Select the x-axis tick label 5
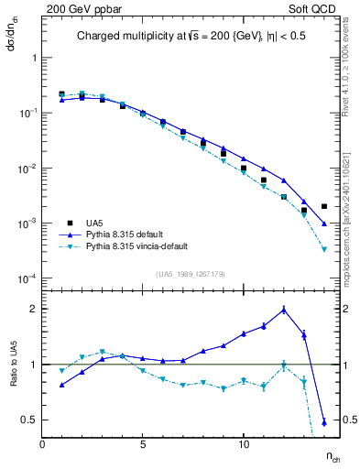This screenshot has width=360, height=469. (143, 444)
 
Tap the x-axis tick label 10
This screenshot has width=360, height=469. (243, 444)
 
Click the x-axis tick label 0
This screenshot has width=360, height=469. (42, 444)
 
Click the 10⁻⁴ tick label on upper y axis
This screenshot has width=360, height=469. (26, 278)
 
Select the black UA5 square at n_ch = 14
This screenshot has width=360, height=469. (324, 207)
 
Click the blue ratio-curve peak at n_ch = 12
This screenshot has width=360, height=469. (284, 310)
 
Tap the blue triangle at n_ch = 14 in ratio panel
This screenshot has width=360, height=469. (324, 422)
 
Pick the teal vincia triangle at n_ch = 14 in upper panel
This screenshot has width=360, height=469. (324, 249)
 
